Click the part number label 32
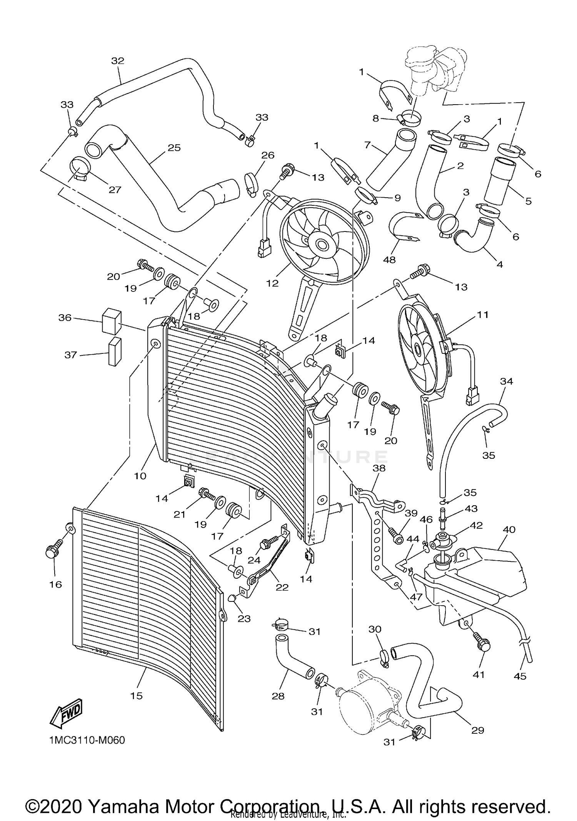tap(118, 61)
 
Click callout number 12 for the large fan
tap(272, 283)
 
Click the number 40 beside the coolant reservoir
tap(509, 530)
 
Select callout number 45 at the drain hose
tap(520, 676)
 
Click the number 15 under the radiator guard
tap(137, 695)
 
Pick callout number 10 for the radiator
tap(140, 476)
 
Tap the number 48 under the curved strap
tap(389, 260)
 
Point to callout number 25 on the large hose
tap(174, 148)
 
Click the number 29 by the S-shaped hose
tap(477, 730)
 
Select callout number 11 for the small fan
tap(482, 315)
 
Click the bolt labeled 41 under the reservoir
tap(483, 644)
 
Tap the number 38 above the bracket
tap(379, 468)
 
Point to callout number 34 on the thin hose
tap(507, 381)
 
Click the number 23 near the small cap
tap(244, 619)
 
